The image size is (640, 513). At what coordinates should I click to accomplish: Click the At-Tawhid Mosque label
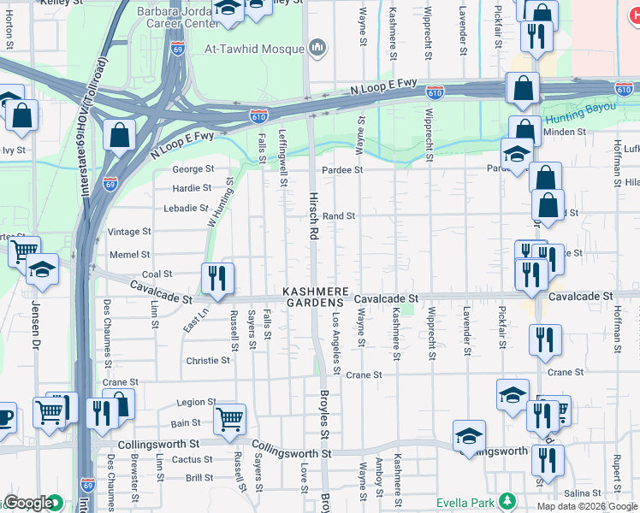(x=253, y=48)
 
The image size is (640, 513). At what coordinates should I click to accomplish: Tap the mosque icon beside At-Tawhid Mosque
(x=317, y=46)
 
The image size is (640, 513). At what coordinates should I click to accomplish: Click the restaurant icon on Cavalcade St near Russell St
(x=217, y=279)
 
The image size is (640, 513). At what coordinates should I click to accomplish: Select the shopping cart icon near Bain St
(x=229, y=420)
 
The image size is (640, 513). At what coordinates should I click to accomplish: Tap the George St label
(x=193, y=169)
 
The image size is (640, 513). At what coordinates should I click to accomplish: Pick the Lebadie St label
(x=187, y=208)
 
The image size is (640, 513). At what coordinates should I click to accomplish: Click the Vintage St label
(x=129, y=232)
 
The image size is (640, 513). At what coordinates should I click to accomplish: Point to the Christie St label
(x=208, y=361)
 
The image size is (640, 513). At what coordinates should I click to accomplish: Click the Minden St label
(x=566, y=133)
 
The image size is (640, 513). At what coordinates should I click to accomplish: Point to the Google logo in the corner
(x=28, y=504)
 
